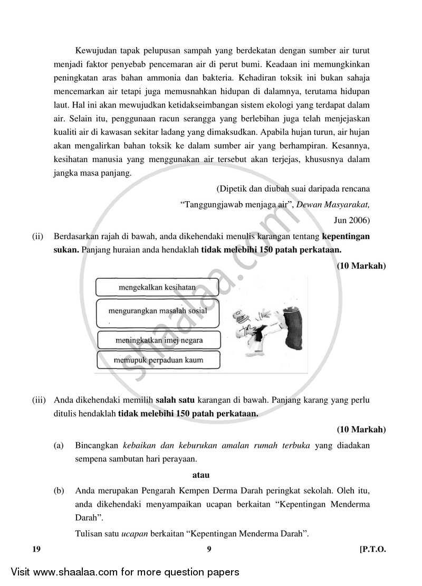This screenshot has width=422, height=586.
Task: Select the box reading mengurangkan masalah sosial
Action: coord(158,311)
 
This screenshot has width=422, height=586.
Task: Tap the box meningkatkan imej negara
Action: coord(159,339)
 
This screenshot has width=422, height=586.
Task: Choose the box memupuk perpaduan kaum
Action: coord(159,360)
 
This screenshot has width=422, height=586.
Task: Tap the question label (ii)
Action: coord(37,237)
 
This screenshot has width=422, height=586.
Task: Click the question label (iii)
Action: coord(39,400)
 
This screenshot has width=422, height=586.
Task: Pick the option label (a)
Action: coord(59,446)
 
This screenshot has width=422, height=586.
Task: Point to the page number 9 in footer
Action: coord(209,549)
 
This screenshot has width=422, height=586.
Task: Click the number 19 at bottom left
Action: coord(36,549)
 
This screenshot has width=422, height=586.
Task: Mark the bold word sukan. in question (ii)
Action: coord(66,250)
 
